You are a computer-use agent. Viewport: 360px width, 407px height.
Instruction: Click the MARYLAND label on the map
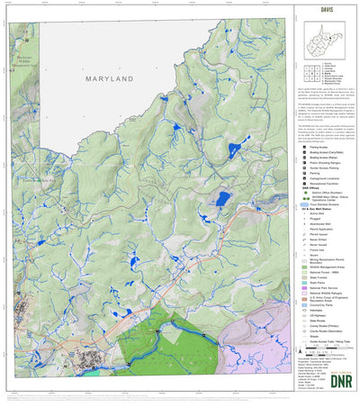click(x=114, y=79)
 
